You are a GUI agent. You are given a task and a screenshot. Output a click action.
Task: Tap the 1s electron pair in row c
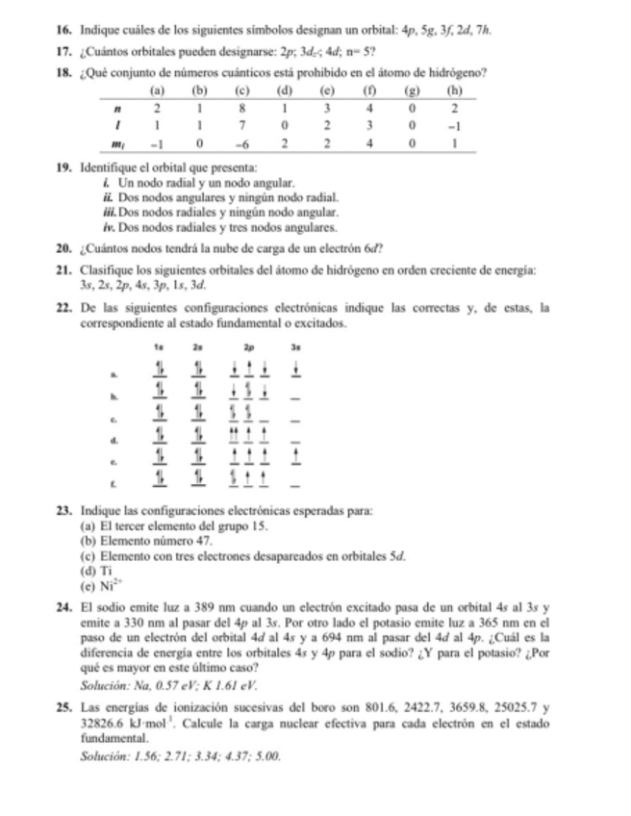(x=161, y=415)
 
